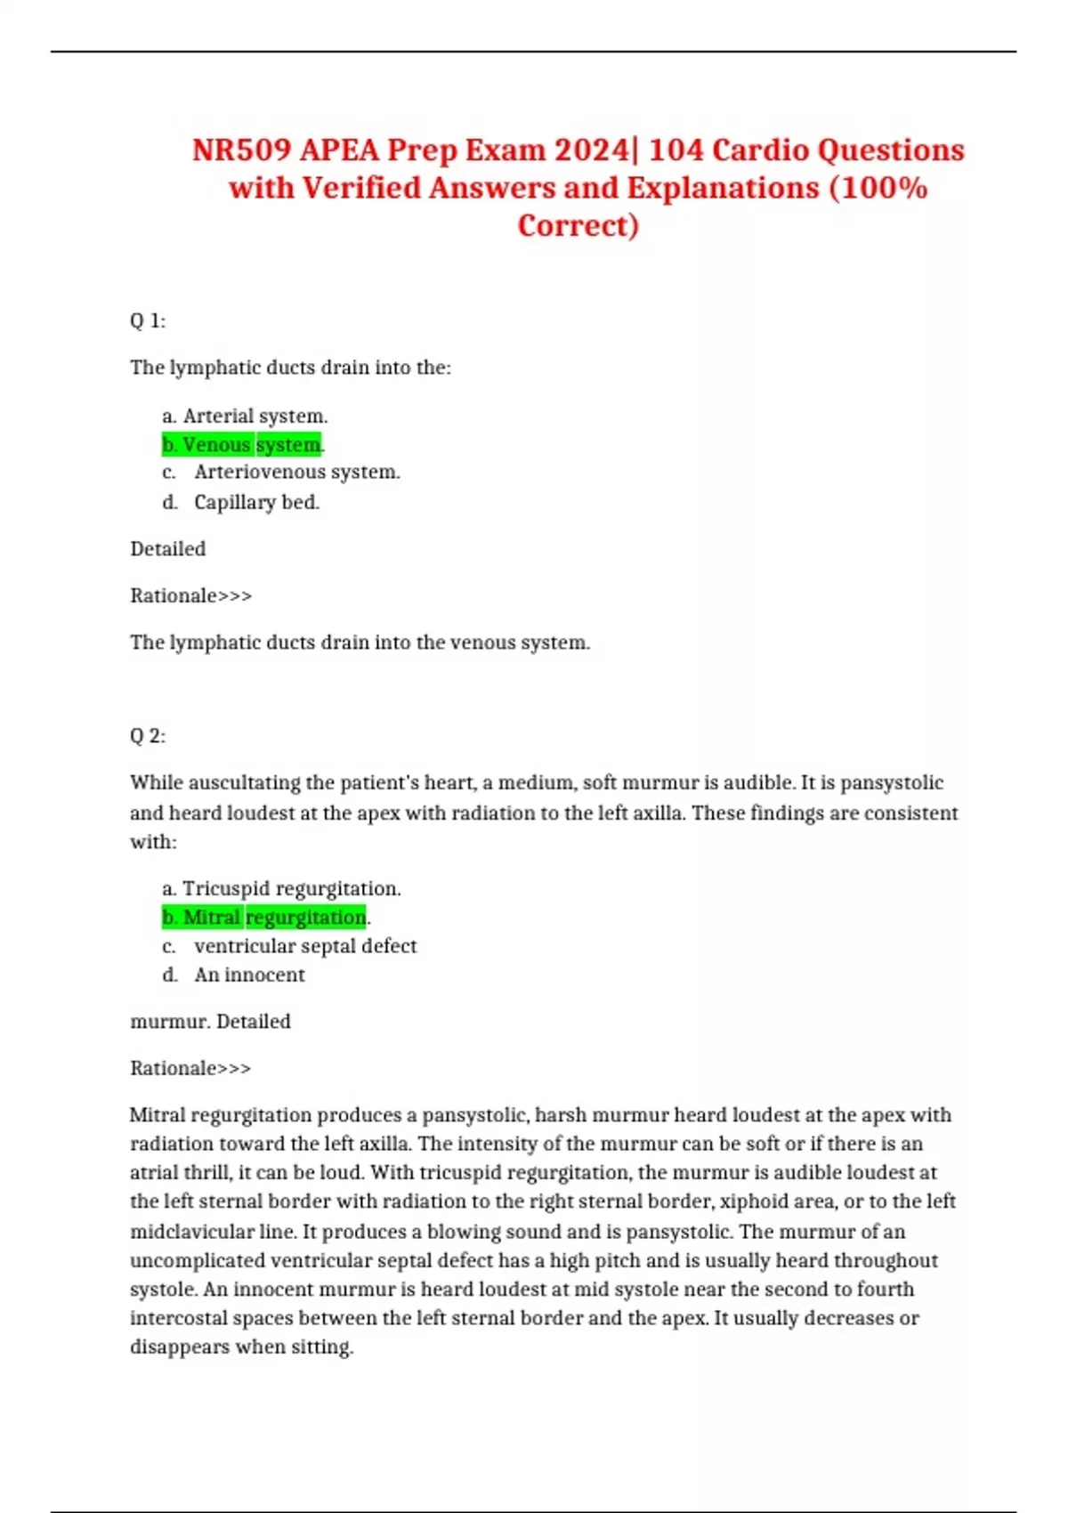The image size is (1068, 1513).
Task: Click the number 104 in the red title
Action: [676, 150]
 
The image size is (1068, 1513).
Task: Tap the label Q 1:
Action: [148, 320]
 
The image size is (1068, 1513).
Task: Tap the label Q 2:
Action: [148, 735]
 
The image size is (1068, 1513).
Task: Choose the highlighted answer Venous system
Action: [242, 444]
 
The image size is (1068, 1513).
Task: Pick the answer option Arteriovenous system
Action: [296, 472]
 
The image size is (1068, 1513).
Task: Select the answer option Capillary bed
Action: [256, 502]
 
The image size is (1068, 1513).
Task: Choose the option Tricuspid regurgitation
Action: [291, 888]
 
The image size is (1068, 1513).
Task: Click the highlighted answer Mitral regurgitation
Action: [264, 917]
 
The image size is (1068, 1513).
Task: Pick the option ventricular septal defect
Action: [304, 945]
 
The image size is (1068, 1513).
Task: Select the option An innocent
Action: [249, 975]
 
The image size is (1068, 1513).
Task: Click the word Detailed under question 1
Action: [167, 548]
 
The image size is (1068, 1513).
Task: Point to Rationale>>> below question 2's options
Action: [190, 1068]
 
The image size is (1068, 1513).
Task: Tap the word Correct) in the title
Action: [578, 225]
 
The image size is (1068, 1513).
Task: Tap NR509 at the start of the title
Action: [241, 150]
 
